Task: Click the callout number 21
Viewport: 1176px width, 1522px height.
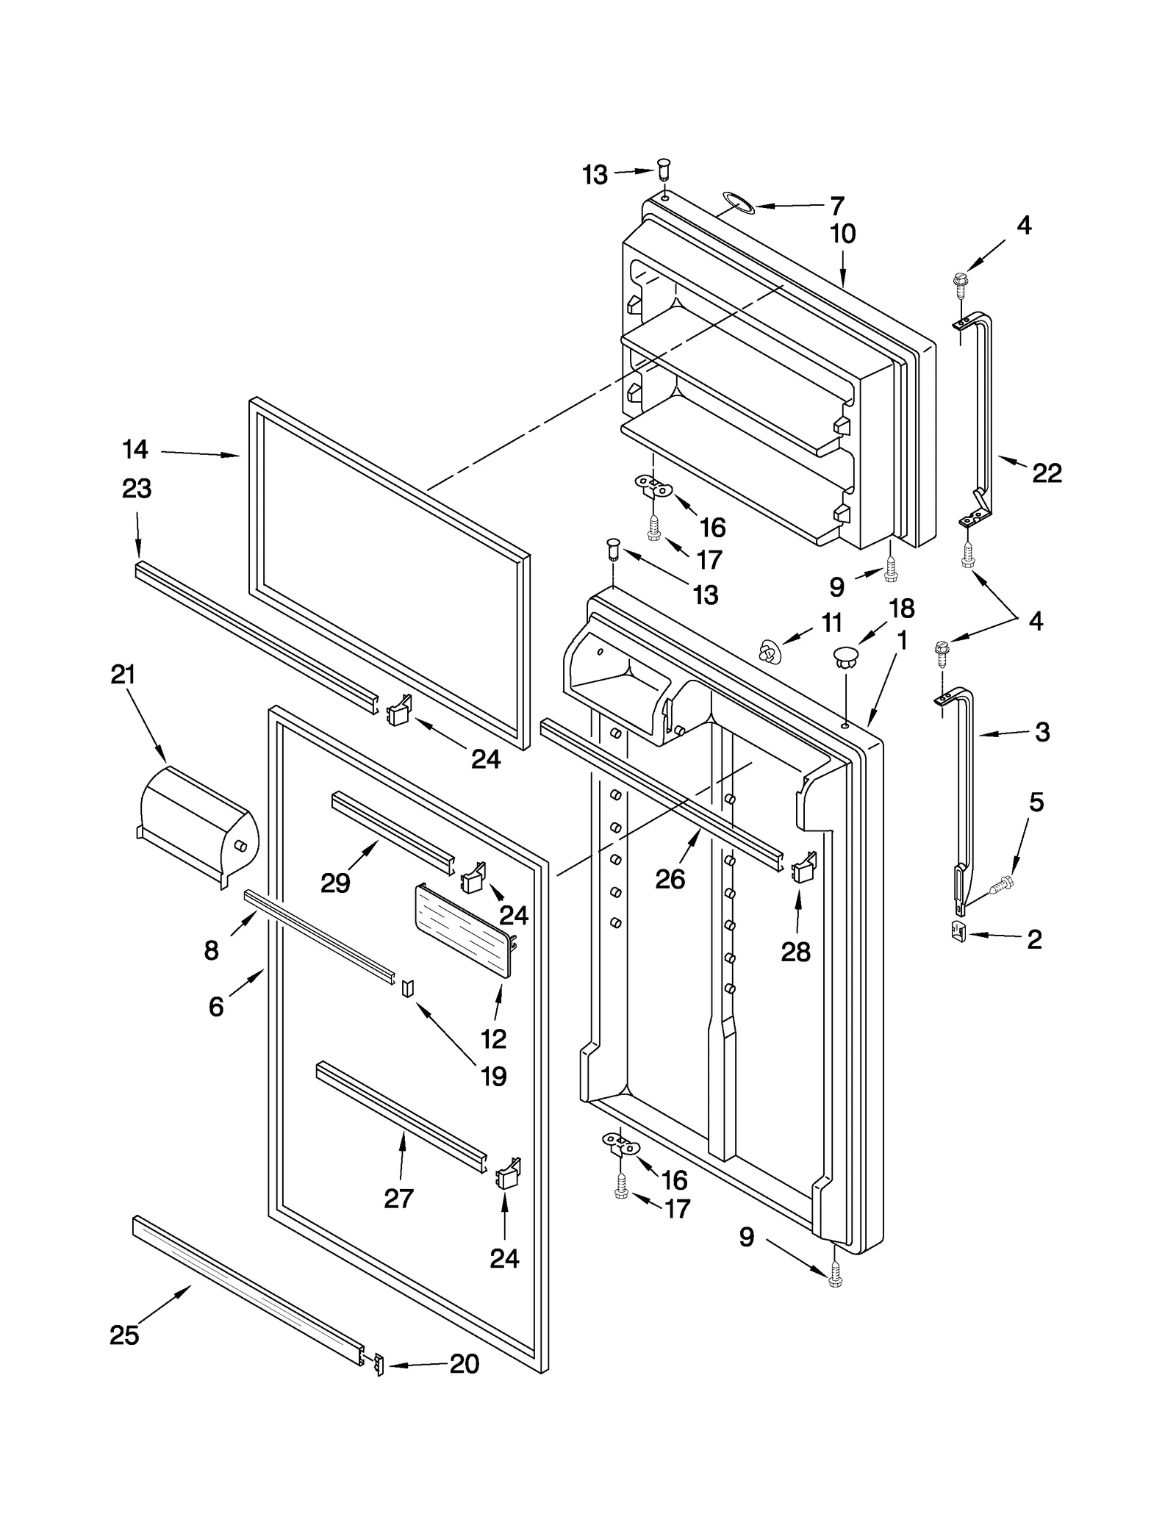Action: coord(123,675)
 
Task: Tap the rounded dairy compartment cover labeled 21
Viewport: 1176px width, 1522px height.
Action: coord(197,825)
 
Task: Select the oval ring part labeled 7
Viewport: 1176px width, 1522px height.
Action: coord(738,204)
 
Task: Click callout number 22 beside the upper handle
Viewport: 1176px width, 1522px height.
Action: coord(1047,473)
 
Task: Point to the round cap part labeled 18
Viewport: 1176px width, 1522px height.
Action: coord(846,656)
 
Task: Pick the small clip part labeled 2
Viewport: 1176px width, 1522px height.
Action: coord(958,932)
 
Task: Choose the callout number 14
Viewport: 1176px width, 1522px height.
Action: coord(135,449)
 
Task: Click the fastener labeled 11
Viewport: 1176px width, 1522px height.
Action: coord(769,651)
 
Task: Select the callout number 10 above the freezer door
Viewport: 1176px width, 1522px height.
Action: coord(842,234)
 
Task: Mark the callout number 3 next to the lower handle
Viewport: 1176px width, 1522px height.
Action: coord(1042,732)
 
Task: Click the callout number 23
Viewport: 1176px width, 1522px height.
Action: coord(137,489)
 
